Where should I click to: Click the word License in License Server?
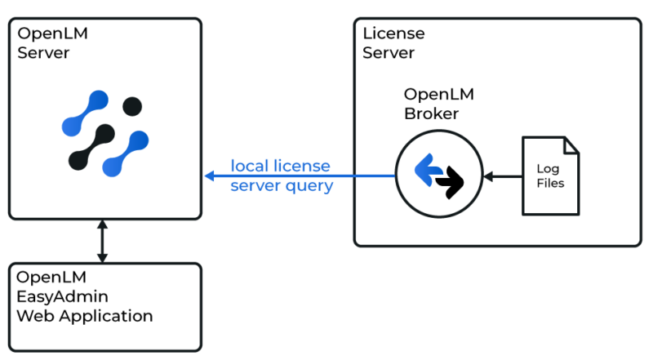pos(394,34)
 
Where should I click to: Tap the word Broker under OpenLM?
pos(431,113)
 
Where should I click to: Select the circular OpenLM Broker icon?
pos(438,175)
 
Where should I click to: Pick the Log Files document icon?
pos(550,176)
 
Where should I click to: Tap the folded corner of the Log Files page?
pos(571,145)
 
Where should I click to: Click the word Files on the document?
pos(549,183)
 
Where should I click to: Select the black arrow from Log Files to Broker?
pos(501,176)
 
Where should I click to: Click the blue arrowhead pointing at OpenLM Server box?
pos(210,176)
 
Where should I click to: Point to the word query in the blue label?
pos(313,186)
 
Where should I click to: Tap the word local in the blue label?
pos(250,167)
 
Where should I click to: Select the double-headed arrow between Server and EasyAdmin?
pos(102,241)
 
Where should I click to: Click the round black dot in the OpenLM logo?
pos(132,105)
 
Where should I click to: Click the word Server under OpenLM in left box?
pos(43,53)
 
